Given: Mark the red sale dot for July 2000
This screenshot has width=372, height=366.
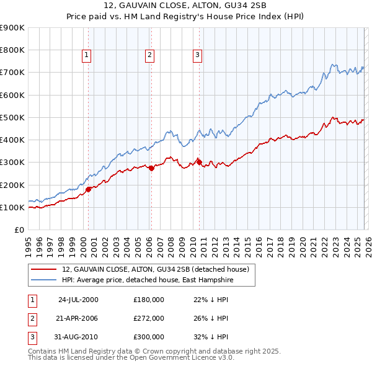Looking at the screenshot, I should [x=89, y=189].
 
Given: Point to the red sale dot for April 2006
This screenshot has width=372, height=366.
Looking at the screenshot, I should [x=151, y=168].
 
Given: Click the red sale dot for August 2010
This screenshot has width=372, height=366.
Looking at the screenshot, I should [x=199, y=162].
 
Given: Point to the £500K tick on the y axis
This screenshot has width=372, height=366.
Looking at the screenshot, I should [x=12, y=117].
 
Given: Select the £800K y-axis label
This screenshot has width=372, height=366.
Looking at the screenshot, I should [x=12, y=50].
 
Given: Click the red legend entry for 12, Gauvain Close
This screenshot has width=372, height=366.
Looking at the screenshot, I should [x=156, y=269].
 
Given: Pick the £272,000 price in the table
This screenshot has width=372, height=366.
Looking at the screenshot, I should [x=149, y=318].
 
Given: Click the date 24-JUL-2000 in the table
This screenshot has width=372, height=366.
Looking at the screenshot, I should [x=78, y=300].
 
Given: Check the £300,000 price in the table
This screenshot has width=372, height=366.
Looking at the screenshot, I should [x=149, y=337].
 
